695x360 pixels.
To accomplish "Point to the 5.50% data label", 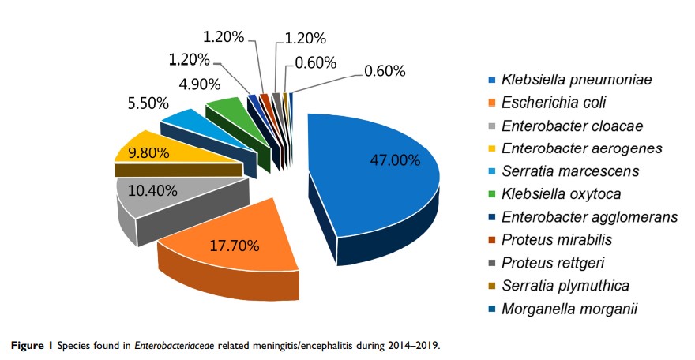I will click(147, 103).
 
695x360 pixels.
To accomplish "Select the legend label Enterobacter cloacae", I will click(562, 126).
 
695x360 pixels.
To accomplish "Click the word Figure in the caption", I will click(25, 345).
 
